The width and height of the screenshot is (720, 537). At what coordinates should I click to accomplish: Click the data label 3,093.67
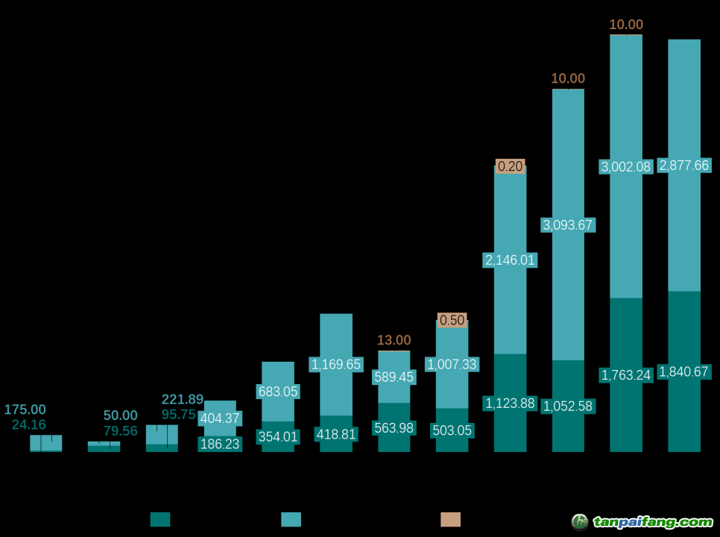pyautogui.click(x=568, y=224)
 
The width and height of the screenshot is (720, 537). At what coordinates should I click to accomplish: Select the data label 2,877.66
pyautogui.click(x=683, y=166)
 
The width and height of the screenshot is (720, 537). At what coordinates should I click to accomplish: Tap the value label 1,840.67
pyautogui.click(x=683, y=371)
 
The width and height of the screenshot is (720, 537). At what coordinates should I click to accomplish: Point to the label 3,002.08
pyautogui.click(x=626, y=166)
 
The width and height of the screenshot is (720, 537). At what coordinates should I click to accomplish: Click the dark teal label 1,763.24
pyautogui.click(x=626, y=374)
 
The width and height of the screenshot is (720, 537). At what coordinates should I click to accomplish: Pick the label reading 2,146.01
pyautogui.click(x=511, y=260)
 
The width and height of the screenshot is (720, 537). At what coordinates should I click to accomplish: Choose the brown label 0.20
pyautogui.click(x=511, y=166)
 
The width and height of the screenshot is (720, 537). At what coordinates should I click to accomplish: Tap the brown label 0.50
pyautogui.click(x=452, y=320)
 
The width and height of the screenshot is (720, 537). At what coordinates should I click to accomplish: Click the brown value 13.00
pyautogui.click(x=394, y=340)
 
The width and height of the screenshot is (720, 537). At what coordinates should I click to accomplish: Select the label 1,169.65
pyautogui.click(x=336, y=364)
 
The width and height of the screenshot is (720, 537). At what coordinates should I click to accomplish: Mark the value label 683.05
pyautogui.click(x=278, y=391)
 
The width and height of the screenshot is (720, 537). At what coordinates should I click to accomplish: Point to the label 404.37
pyautogui.click(x=220, y=418)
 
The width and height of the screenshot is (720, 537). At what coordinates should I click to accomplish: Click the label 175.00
pyautogui.click(x=25, y=409)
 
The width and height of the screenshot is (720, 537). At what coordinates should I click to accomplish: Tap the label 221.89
pyautogui.click(x=183, y=399)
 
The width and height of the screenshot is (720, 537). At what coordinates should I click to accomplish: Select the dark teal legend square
pyautogui.click(x=160, y=519)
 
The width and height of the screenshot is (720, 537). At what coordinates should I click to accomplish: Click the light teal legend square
pyautogui.click(x=291, y=519)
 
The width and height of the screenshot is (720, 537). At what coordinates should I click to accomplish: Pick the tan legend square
pyautogui.click(x=450, y=519)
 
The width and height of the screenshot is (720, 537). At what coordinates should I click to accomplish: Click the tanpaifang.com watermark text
pyautogui.click(x=652, y=521)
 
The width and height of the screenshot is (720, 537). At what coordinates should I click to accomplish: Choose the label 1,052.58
pyautogui.click(x=568, y=406)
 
